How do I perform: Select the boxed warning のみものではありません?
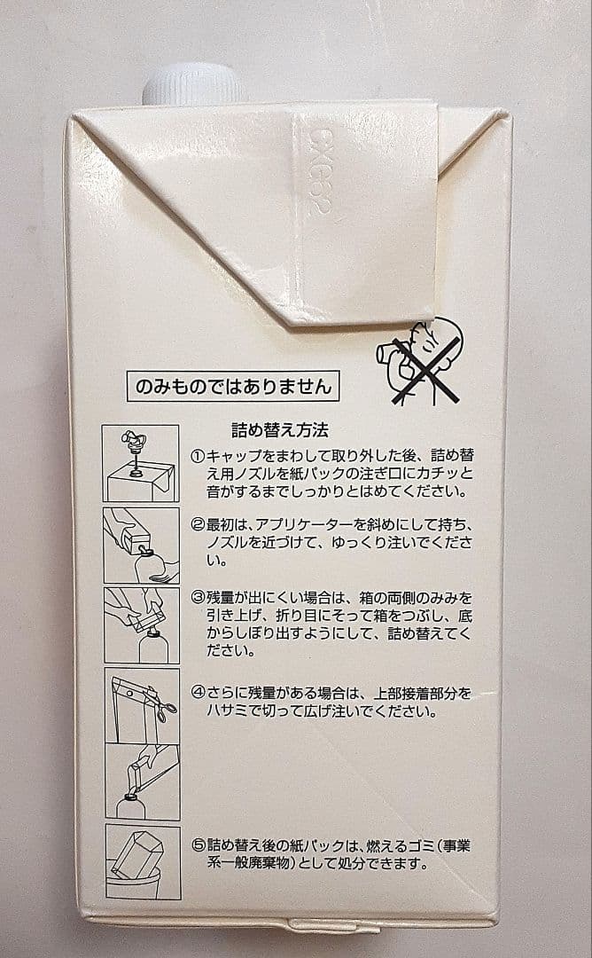232,387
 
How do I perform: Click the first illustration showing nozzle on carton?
140,463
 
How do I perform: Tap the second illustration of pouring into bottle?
141,545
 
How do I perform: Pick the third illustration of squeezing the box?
141,624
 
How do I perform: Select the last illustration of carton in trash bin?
143,860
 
